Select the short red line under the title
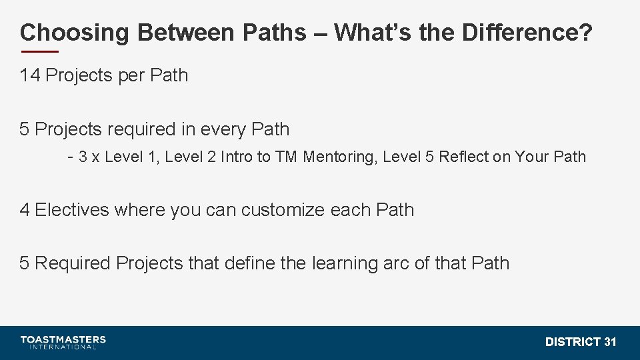coord(39,52)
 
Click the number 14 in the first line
coord(30,75)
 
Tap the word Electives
coord(71,210)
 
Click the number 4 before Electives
coord(25,210)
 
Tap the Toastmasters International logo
coord(63,342)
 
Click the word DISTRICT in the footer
coord(573,342)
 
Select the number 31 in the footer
coord(610,342)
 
